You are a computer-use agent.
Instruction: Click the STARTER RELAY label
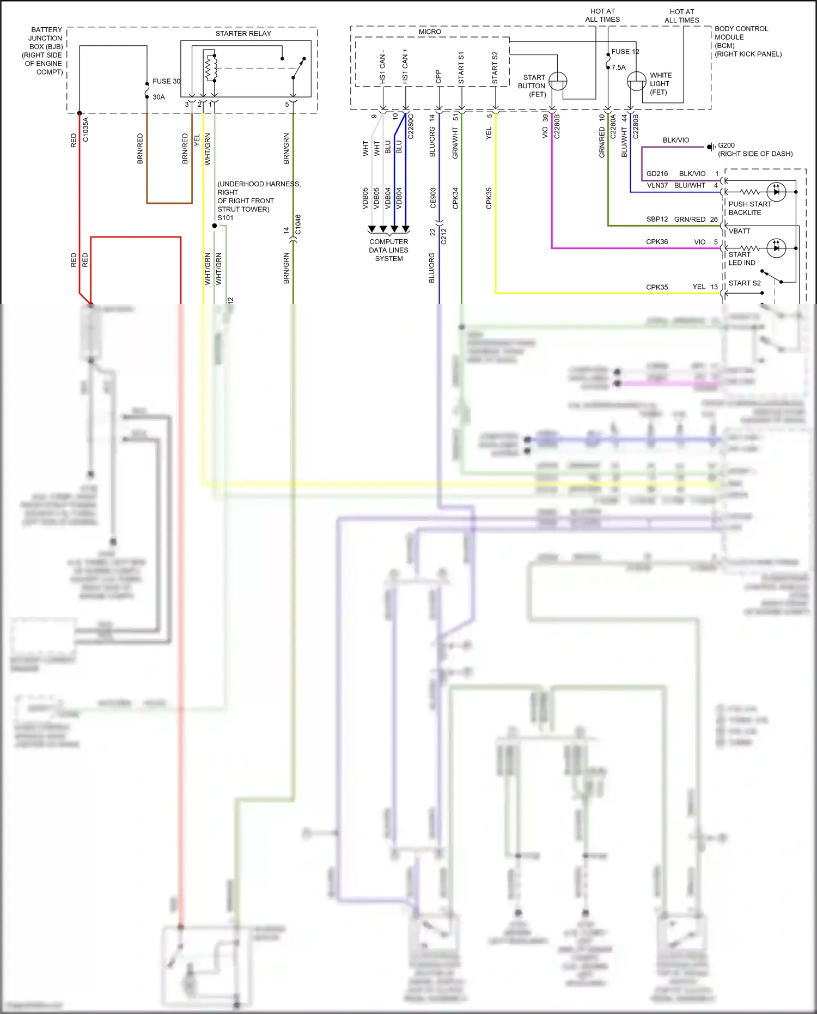click(243, 34)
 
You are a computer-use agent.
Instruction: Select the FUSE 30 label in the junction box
click(166, 81)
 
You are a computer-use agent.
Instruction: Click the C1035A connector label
click(86, 130)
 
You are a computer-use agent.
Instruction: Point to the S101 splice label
click(225, 218)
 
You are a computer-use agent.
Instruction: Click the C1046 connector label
click(298, 224)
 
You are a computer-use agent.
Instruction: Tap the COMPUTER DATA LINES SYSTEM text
click(388, 250)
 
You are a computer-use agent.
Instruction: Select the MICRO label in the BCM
click(430, 32)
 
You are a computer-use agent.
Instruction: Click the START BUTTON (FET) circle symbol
click(558, 82)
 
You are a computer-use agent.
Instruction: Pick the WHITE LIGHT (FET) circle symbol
click(636, 82)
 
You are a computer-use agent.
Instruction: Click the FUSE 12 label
click(625, 52)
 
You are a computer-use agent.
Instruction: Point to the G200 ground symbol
click(711, 147)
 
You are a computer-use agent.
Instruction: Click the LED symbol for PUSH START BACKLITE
click(776, 192)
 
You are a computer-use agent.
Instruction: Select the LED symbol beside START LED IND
click(776, 248)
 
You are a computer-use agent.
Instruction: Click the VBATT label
click(739, 231)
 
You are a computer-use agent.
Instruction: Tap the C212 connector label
click(444, 236)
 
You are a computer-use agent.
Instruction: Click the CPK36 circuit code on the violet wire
click(657, 242)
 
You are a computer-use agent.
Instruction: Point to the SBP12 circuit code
click(657, 219)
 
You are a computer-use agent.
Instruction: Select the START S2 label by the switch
click(745, 283)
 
